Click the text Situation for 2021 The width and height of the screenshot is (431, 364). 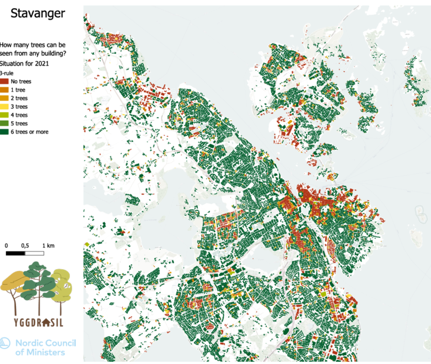tap(26, 64)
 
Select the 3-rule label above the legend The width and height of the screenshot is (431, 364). tap(6, 72)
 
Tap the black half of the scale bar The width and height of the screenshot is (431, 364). tap(16, 253)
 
